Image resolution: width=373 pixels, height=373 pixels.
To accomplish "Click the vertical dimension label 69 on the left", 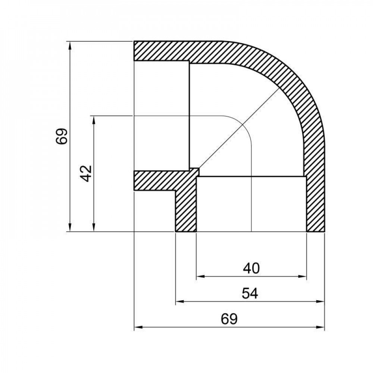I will [62, 136].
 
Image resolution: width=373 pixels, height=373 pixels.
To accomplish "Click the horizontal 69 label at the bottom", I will [229, 319].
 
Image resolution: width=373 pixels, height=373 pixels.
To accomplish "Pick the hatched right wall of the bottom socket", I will [316, 203].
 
